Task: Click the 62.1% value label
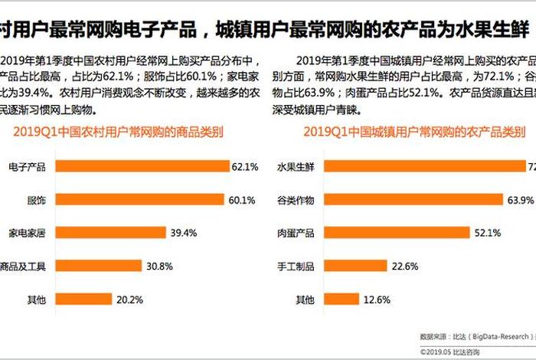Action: pyautogui.click(x=246, y=165)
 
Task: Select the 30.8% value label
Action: pyautogui.click(x=159, y=266)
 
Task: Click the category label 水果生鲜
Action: pyautogui.click(x=296, y=165)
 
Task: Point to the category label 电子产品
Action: pyautogui.click(x=27, y=165)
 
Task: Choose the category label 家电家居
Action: pyautogui.click(x=27, y=232)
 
